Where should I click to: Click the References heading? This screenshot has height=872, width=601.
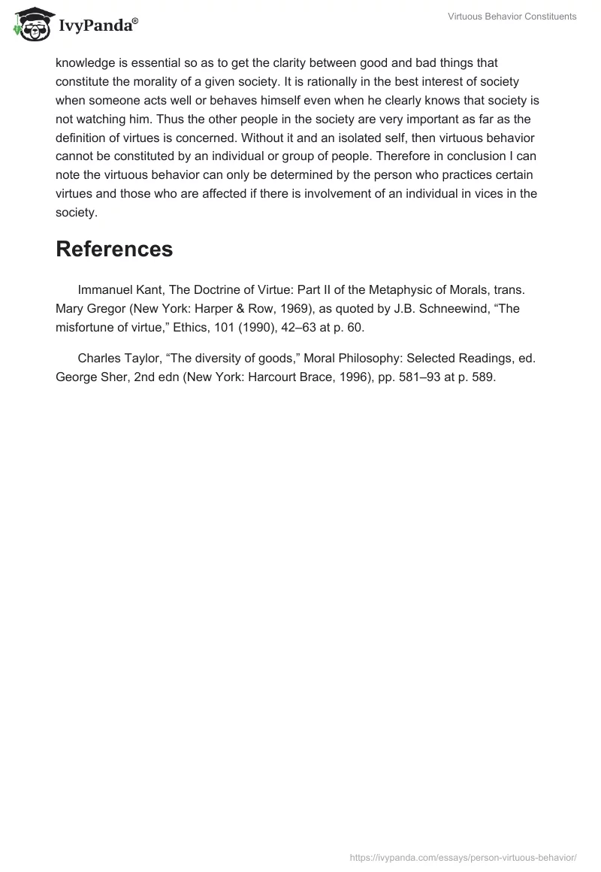tap(114, 249)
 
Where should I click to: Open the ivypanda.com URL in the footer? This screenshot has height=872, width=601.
tap(464, 857)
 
